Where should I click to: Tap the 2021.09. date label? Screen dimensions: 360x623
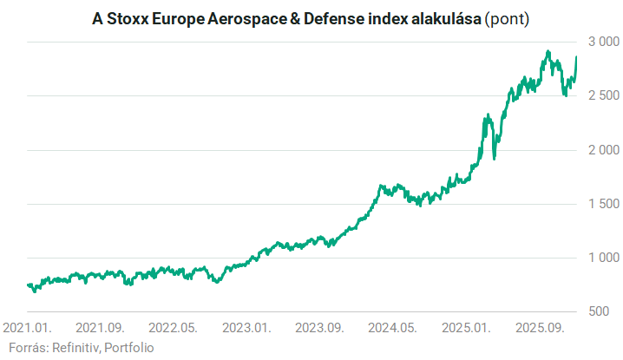tap(101, 329)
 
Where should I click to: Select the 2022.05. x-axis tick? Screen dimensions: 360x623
tap(174, 329)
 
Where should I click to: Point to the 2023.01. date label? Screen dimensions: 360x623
tap(246, 329)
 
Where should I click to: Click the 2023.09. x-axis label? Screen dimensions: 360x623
tap(319, 329)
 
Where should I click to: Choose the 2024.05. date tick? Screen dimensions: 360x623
tap(392, 329)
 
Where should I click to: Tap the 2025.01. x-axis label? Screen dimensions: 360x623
tap(465, 329)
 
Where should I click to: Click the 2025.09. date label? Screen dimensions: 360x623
tap(538, 329)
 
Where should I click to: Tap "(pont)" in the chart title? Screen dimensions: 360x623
tap(506, 18)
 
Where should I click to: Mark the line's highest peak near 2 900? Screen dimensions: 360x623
tap(548, 52)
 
